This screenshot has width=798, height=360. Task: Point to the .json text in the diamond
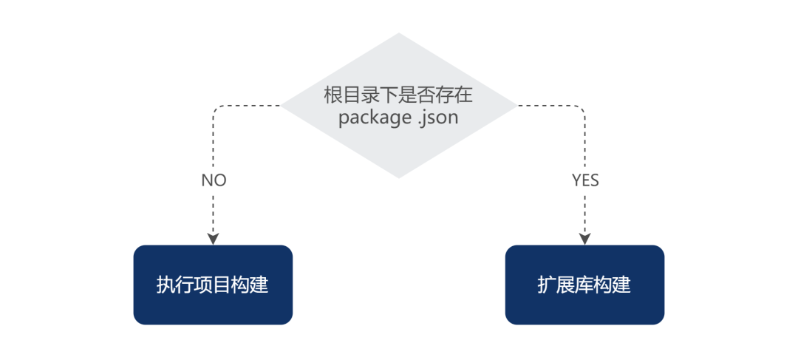(x=436, y=118)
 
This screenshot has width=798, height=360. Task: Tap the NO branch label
(x=214, y=180)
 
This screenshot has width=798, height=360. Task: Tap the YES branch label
(x=585, y=180)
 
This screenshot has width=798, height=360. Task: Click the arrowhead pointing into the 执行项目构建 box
(x=214, y=238)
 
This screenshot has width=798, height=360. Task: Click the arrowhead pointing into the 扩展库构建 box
(x=585, y=238)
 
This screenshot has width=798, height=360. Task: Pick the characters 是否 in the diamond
(x=417, y=95)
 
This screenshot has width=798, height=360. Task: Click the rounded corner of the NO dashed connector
(x=216, y=109)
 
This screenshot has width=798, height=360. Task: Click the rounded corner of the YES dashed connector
(x=582, y=109)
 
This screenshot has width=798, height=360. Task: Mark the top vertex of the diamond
(x=399, y=34)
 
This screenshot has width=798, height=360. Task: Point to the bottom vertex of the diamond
(x=399, y=177)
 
